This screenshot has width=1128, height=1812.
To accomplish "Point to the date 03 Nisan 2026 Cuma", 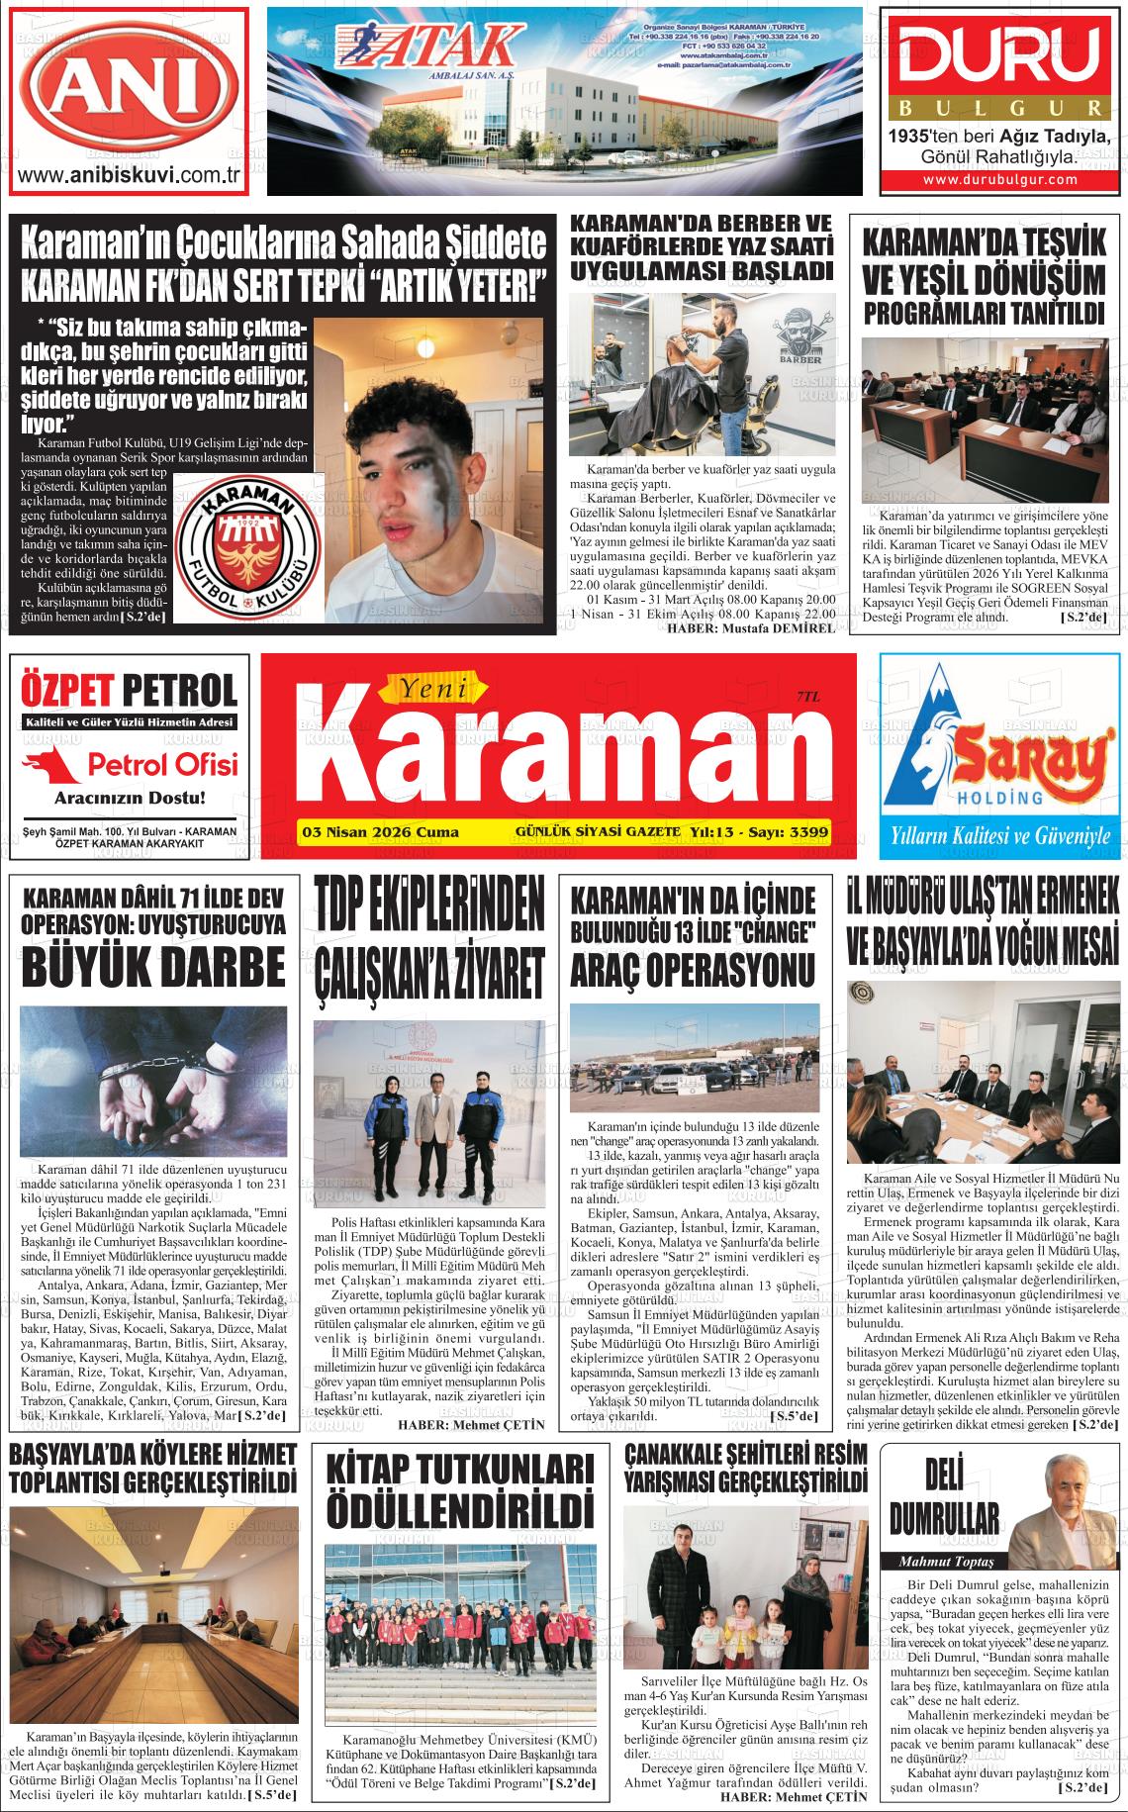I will click(x=379, y=832).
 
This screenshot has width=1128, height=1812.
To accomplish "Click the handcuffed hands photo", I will click(x=152, y=1081).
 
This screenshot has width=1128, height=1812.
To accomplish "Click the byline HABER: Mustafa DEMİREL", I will click(x=751, y=629).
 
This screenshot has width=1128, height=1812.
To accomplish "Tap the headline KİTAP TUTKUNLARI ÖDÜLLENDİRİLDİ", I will click(x=459, y=1504).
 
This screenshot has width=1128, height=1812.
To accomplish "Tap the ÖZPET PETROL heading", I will click(x=129, y=689).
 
